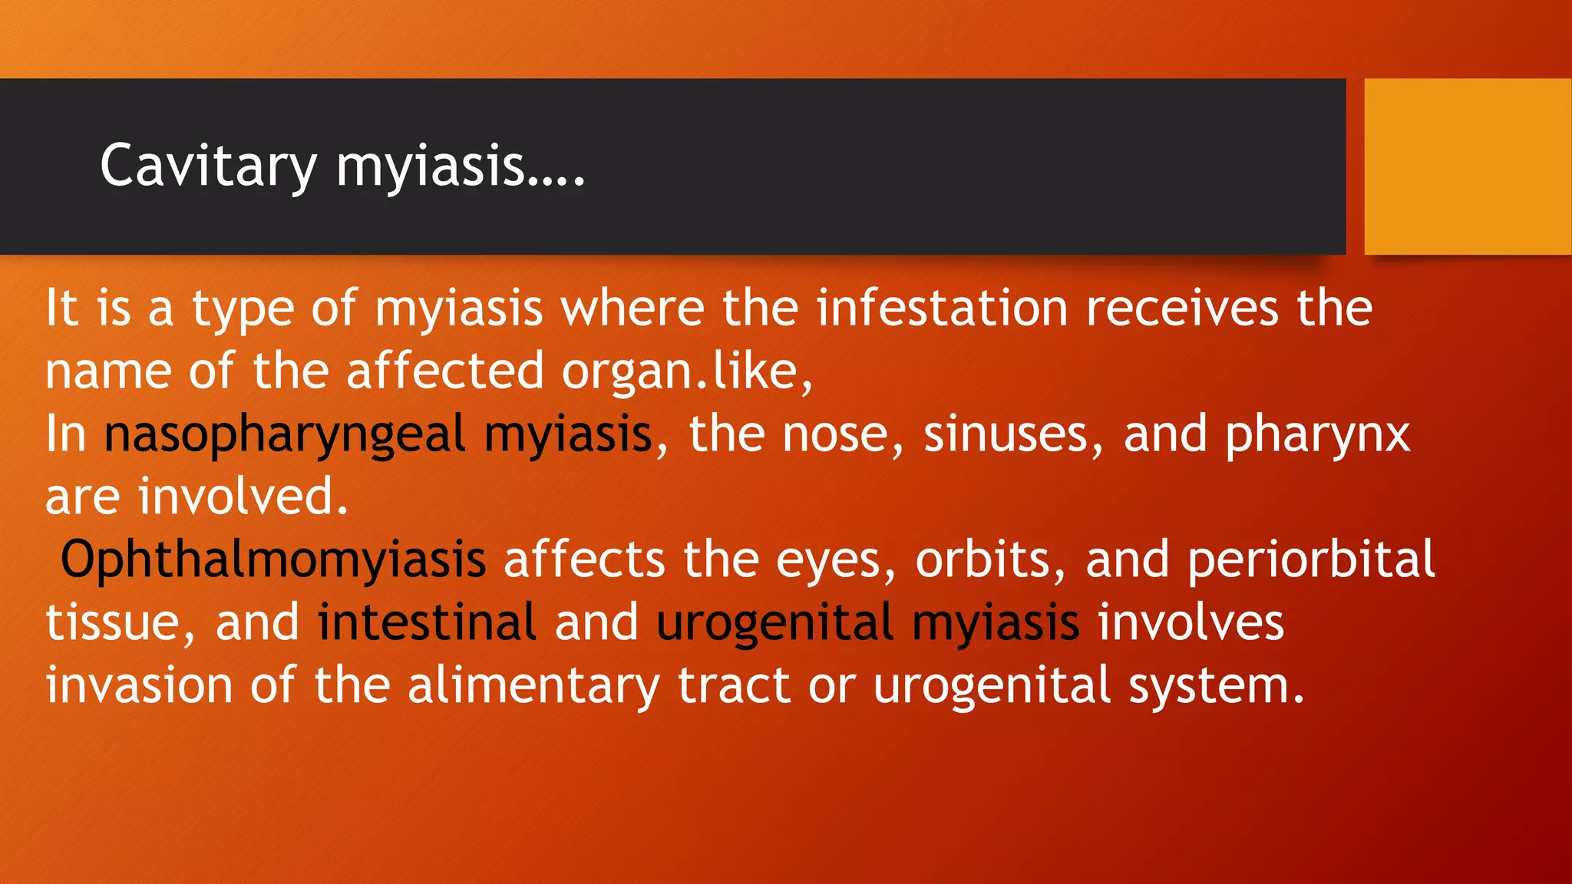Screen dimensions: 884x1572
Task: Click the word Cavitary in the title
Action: point(208,166)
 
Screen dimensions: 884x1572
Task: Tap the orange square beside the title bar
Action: point(1467,166)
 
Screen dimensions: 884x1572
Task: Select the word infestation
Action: point(942,308)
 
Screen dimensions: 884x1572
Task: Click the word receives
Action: point(1182,308)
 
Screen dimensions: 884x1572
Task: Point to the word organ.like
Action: point(686,372)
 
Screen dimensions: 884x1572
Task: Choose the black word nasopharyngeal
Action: point(285,435)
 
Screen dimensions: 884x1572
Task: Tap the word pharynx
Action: point(1317,435)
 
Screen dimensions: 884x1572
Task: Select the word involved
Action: point(243,497)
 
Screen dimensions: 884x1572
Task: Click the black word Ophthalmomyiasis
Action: point(273,559)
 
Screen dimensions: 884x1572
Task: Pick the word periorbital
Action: point(1311,559)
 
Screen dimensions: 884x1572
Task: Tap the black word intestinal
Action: point(427,622)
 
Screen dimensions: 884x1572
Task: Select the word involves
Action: point(1191,622)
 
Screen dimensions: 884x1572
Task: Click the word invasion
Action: point(139,685)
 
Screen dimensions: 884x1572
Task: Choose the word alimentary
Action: point(533,685)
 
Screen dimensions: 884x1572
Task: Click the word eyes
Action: point(835,559)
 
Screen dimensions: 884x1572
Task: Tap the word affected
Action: point(445,372)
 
